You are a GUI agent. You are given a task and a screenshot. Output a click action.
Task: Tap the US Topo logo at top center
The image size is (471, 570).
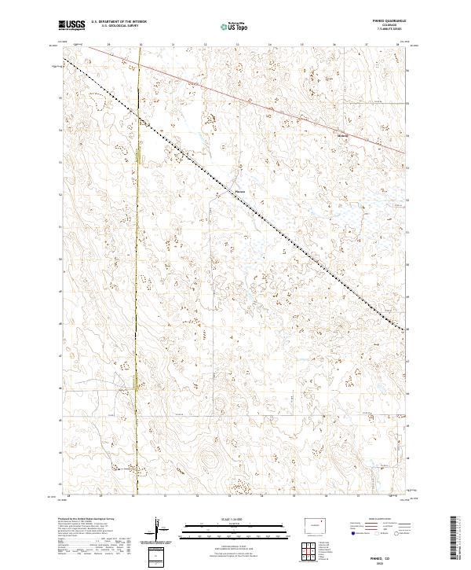pos(236,26)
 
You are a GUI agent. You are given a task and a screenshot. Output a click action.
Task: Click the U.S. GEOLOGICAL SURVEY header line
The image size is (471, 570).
pos(119,26)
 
